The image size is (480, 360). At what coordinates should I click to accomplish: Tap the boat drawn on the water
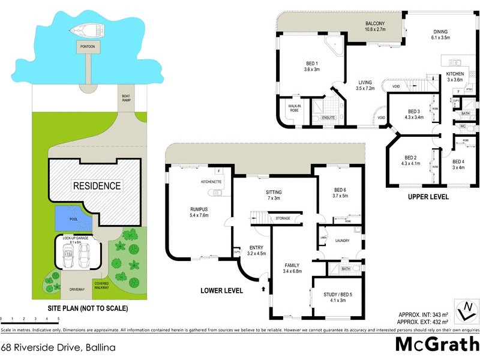85,30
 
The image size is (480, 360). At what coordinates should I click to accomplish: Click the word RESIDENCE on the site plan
97,185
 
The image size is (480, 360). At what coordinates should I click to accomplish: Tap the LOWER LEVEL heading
222,290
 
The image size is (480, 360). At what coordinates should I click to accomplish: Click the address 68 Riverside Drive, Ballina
58,347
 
